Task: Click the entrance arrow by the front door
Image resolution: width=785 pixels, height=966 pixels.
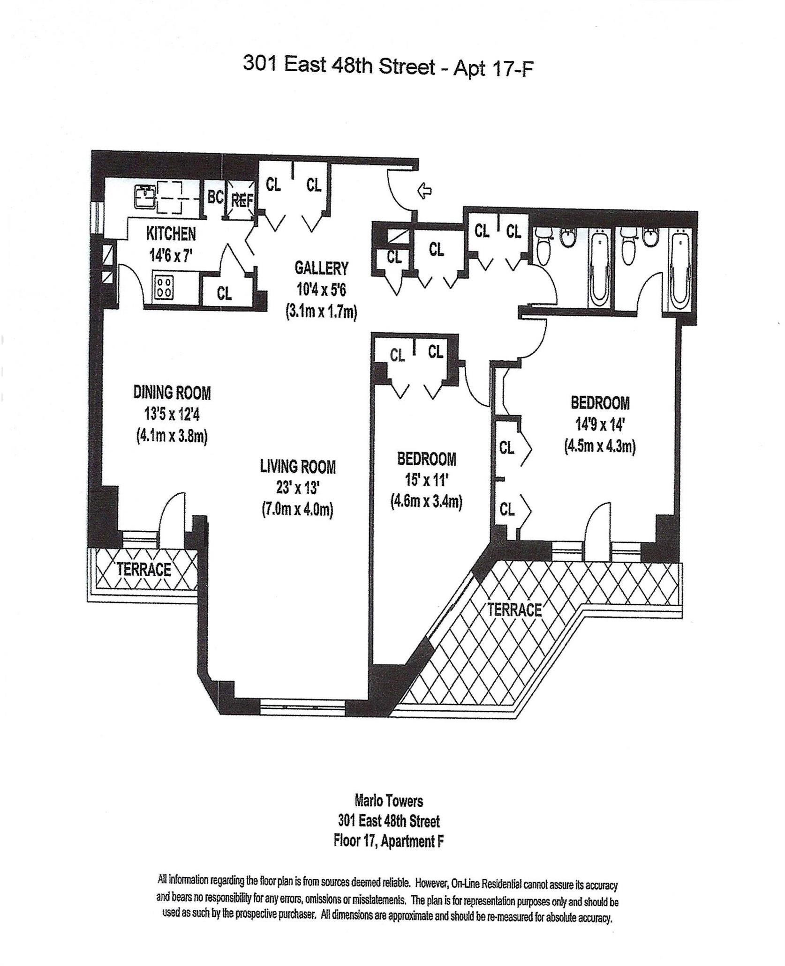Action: [x=424, y=191]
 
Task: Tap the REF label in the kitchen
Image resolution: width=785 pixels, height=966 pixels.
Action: [x=242, y=201]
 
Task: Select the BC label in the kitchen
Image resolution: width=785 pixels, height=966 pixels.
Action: [x=215, y=197]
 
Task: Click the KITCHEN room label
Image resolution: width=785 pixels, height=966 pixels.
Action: [x=171, y=233]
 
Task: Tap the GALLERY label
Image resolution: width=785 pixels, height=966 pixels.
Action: [x=321, y=268]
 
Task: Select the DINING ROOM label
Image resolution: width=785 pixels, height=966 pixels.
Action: [x=172, y=392]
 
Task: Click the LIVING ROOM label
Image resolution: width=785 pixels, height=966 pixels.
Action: [x=298, y=467]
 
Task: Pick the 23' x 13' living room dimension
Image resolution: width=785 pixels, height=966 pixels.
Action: [x=298, y=488]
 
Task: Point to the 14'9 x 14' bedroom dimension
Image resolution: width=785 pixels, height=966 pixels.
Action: [x=600, y=424]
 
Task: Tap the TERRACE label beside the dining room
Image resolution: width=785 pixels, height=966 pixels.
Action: [x=144, y=569]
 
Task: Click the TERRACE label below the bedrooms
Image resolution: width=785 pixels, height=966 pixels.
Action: [x=514, y=609]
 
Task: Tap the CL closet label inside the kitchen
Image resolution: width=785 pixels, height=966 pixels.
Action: [x=224, y=293]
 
